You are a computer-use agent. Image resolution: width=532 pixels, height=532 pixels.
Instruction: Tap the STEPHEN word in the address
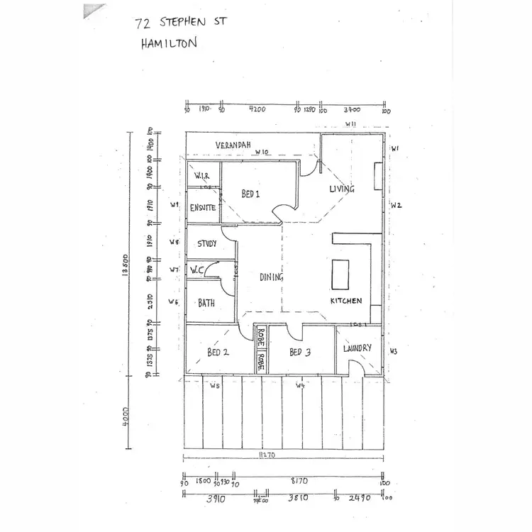(x=192, y=23)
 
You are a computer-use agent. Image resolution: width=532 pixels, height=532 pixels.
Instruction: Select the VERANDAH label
(x=233, y=145)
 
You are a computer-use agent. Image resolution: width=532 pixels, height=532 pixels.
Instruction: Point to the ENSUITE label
(x=203, y=208)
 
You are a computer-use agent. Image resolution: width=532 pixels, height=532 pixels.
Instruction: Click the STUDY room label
(x=207, y=244)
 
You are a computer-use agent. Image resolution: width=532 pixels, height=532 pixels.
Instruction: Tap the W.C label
(x=198, y=270)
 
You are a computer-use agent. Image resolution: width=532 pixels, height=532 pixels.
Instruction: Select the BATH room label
(x=206, y=303)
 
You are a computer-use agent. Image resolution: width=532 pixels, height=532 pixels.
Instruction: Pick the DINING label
(x=272, y=277)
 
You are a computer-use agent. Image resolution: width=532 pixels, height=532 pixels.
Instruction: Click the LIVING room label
(x=342, y=189)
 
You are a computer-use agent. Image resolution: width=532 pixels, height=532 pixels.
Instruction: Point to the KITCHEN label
(x=346, y=301)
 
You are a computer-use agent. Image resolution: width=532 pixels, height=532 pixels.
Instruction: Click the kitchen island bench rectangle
(x=340, y=274)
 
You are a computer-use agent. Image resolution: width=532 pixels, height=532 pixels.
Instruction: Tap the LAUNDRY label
(x=357, y=348)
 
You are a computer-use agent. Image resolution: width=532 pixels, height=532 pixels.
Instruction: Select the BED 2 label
(x=218, y=353)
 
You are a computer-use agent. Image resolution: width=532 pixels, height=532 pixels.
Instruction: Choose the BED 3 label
(x=301, y=353)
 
